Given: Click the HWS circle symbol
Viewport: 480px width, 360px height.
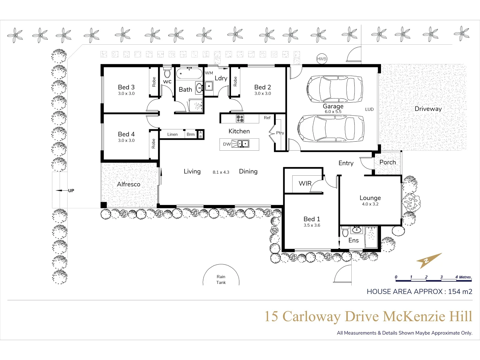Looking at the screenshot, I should coord(321,59).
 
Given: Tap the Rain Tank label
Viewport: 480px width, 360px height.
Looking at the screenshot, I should coord(221,279).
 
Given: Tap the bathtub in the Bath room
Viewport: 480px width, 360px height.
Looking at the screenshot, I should coord(189,74).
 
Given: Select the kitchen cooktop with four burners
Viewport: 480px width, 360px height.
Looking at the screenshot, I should coord(240,118).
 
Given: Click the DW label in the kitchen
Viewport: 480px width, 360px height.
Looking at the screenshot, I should coord(227,144).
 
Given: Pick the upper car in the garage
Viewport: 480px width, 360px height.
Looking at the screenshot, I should coord(335,89).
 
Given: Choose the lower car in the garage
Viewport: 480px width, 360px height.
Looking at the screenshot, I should coord(331,128).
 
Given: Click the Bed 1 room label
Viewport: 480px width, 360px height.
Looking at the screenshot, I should coord(312,219).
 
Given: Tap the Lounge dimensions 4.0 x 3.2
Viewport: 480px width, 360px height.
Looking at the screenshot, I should coord(370,204).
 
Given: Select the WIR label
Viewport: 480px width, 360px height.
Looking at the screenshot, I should coord(305,183).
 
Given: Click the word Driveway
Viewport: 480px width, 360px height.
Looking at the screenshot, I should coord(428,109).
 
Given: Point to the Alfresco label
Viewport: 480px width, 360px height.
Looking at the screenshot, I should coord(129,184).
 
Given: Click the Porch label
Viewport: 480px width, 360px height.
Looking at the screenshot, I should coord(388,162).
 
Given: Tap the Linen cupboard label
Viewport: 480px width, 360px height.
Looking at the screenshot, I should coord(172,134).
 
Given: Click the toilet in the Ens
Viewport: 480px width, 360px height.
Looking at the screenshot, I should coord(345,231).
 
